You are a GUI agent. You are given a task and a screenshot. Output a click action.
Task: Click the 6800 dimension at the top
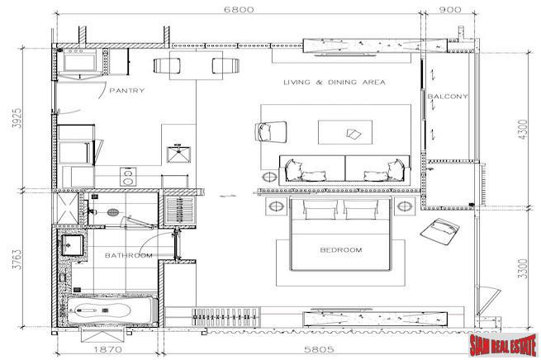point(239,9)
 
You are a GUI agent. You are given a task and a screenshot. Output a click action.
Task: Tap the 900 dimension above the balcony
point(450,9)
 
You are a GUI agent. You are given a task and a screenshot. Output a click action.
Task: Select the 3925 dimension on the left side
point(17,118)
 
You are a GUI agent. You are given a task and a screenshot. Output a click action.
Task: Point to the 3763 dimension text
point(17,259)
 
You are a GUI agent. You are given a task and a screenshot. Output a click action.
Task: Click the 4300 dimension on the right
point(523,129)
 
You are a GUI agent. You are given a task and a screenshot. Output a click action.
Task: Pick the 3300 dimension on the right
point(523,268)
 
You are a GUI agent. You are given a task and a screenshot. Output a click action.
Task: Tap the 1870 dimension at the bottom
point(108,349)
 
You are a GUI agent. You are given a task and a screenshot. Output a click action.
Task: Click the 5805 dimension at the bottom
point(319,349)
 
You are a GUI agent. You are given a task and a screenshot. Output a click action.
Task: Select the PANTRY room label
point(127,90)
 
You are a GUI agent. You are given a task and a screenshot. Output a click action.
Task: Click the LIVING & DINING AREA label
point(335,82)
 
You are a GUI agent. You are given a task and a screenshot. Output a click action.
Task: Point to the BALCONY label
point(448,97)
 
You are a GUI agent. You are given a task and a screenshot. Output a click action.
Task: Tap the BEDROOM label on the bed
point(341,249)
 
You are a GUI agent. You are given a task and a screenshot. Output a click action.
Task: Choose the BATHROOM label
point(128,255)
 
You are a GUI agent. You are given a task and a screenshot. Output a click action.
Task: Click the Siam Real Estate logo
point(503,344)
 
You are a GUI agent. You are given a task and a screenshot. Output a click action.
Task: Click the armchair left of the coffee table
point(271,132)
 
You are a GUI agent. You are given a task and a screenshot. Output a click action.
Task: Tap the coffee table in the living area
point(345,132)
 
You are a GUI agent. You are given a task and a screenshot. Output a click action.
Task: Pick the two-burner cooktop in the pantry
point(128,177)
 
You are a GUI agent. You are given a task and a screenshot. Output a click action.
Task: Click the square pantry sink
point(178,154)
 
